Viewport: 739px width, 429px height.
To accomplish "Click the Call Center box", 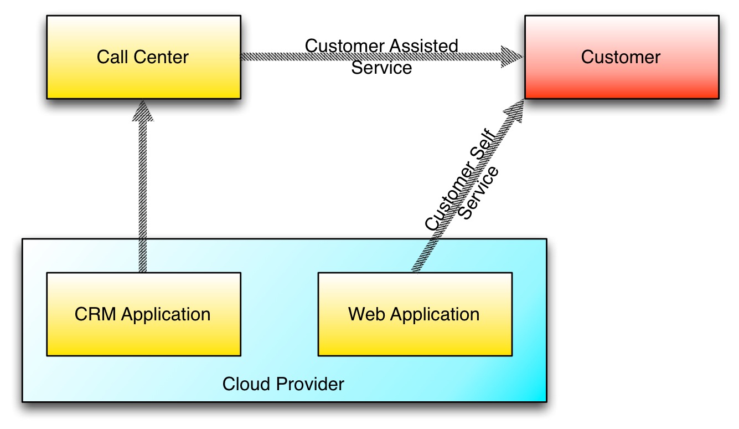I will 143,78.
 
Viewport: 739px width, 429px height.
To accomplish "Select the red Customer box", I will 621,78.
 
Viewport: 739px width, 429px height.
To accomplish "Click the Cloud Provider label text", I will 283,384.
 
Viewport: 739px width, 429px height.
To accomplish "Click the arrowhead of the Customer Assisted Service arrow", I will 511,57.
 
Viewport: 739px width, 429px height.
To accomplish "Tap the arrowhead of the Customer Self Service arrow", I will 514,110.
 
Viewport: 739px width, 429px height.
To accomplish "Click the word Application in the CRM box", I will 166,315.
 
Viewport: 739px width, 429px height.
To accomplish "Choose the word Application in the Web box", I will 435,315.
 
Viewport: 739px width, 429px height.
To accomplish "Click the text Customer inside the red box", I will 621,57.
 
